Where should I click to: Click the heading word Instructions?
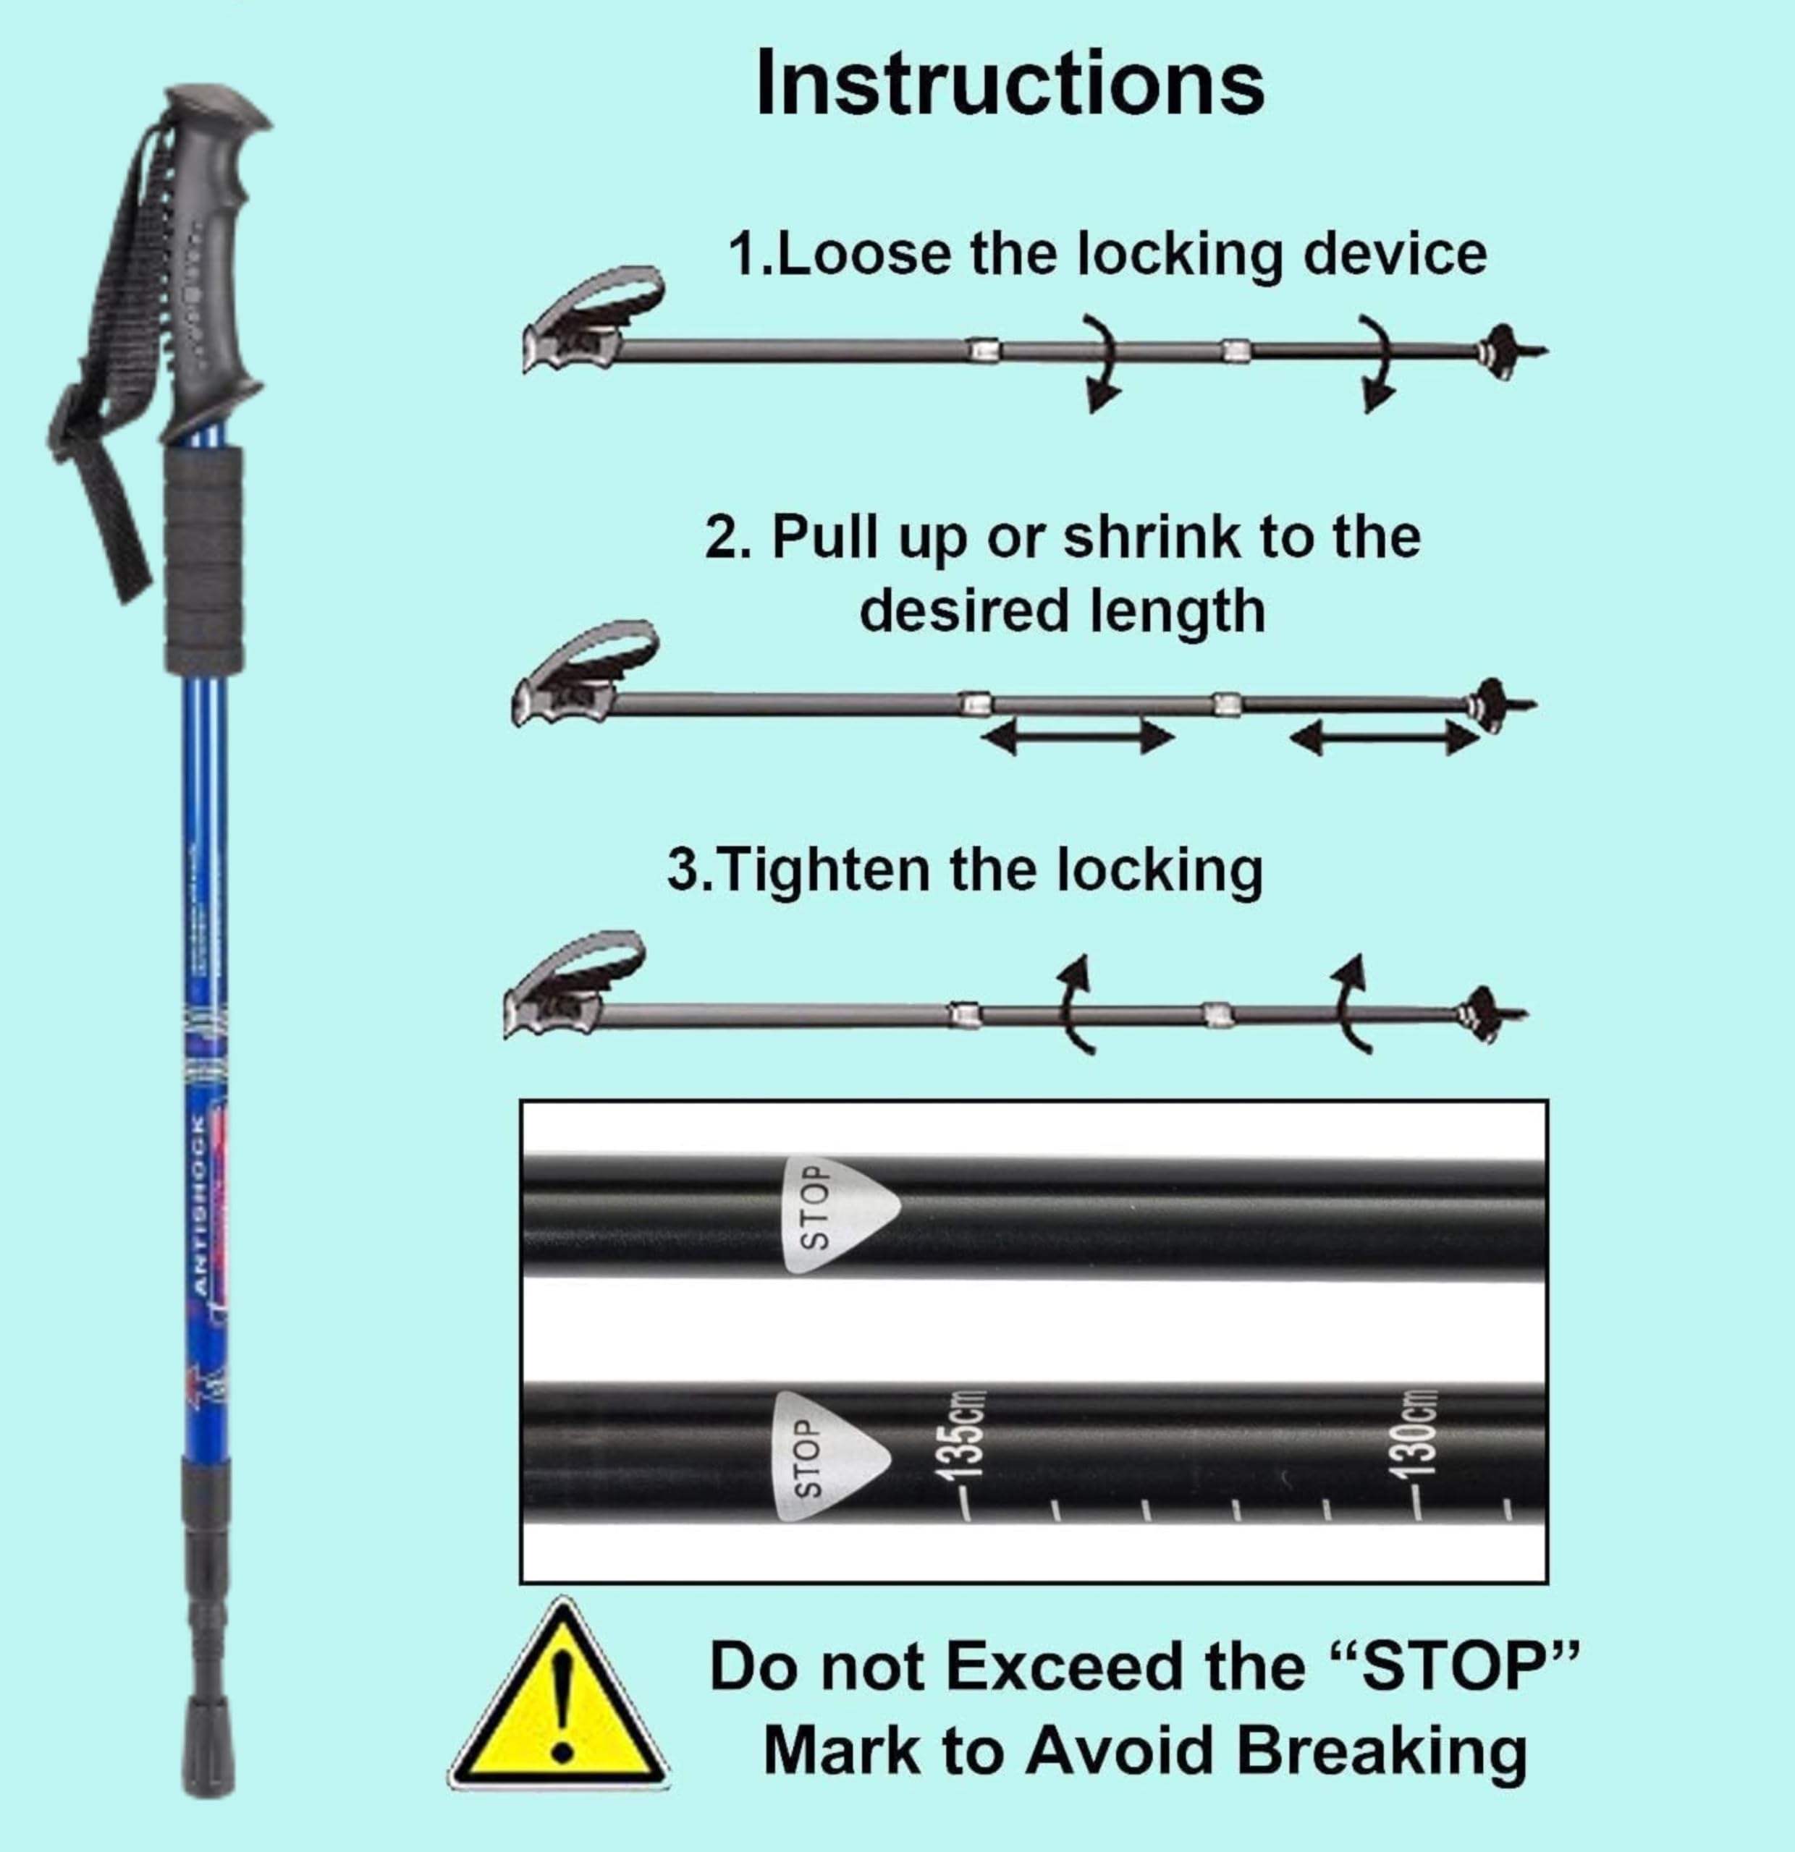[1010, 83]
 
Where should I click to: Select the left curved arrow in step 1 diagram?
[1099, 362]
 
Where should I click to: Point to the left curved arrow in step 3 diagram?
[1076, 1004]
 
